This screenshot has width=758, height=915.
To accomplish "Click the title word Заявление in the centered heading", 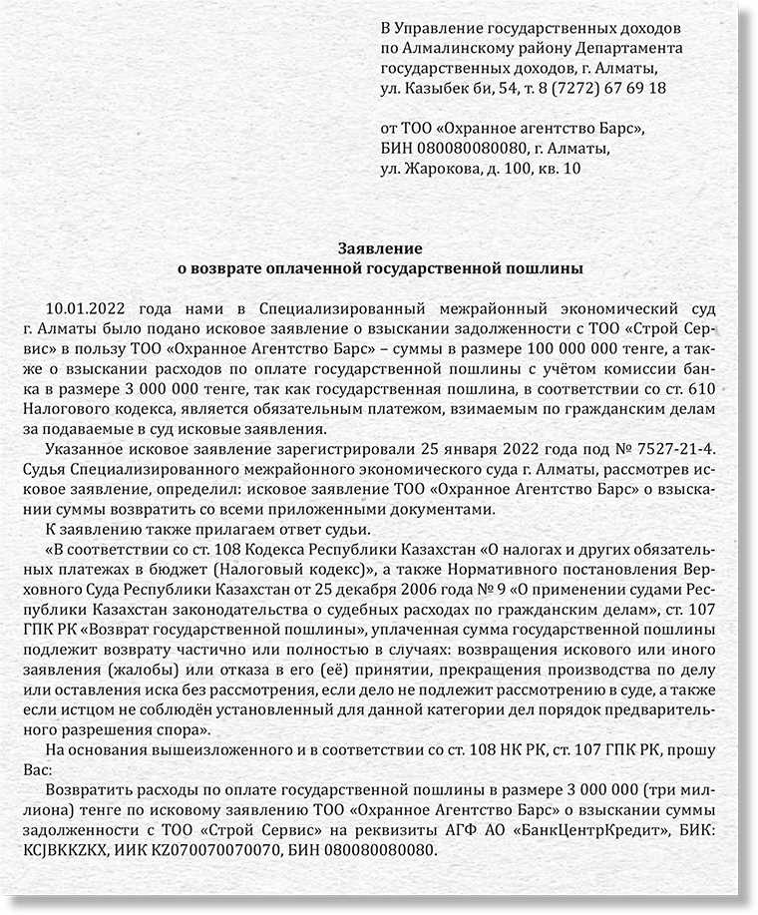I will pyautogui.click(x=379, y=247).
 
